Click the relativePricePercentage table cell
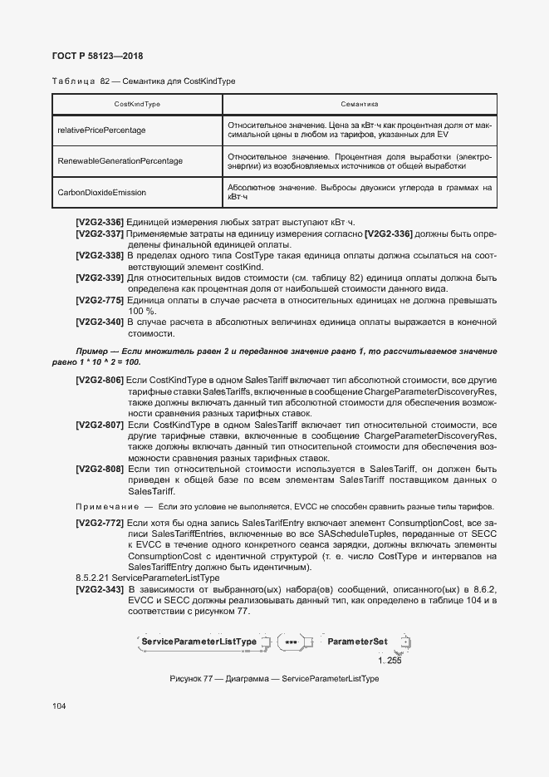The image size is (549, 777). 101,130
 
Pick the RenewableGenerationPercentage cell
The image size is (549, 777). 120,160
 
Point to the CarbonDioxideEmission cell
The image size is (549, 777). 101,192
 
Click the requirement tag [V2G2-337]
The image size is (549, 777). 99,234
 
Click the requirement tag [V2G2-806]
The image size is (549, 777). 99,380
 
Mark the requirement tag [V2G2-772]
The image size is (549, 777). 99,523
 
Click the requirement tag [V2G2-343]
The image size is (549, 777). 99,589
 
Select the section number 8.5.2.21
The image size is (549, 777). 92,577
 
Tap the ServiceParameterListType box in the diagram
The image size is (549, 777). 199,642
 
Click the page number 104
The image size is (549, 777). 59,706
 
